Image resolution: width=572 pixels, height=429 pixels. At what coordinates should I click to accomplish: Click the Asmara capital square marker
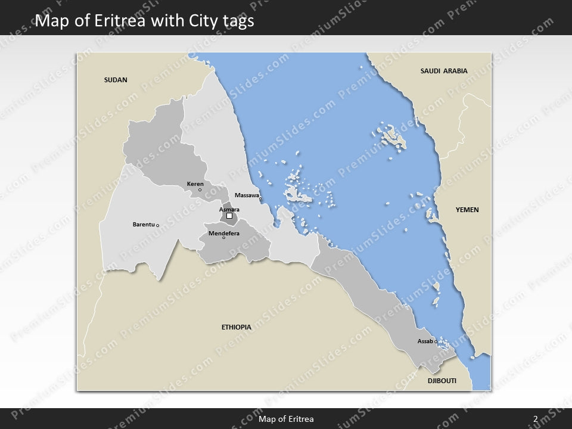tap(229, 216)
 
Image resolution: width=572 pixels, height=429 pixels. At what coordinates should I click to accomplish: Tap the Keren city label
tap(195, 184)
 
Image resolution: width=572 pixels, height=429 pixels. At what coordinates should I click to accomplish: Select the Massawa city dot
tap(260, 199)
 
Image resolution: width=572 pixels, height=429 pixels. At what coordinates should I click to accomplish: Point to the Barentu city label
tap(143, 225)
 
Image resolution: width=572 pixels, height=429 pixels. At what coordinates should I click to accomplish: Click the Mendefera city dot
tap(224, 238)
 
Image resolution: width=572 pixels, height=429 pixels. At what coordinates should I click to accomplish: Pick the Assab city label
tap(425, 341)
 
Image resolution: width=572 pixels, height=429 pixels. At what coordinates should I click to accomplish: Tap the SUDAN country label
tap(116, 80)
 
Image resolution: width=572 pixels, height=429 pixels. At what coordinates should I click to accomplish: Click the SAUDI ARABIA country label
tap(444, 71)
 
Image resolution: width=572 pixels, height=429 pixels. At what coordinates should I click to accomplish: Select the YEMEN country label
tap(467, 210)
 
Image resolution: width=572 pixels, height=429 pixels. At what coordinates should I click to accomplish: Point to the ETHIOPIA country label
tap(236, 327)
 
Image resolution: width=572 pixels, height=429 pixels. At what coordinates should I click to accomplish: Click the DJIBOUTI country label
tap(442, 381)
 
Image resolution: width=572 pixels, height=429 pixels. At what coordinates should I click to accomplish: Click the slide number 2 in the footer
tap(536, 419)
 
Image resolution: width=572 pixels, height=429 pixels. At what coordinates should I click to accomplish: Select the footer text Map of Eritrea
tap(286, 419)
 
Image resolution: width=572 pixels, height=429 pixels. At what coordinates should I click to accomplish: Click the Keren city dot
tap(200, 190)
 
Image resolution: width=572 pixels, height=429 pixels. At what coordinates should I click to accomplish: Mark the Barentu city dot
tap(157, 225)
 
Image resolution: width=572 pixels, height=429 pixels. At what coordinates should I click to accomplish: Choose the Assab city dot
tap(436, 341)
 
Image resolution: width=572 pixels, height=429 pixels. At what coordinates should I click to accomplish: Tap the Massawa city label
tap(247, 195)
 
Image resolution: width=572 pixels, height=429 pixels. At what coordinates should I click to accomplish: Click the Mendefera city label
tap(224, 233)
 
